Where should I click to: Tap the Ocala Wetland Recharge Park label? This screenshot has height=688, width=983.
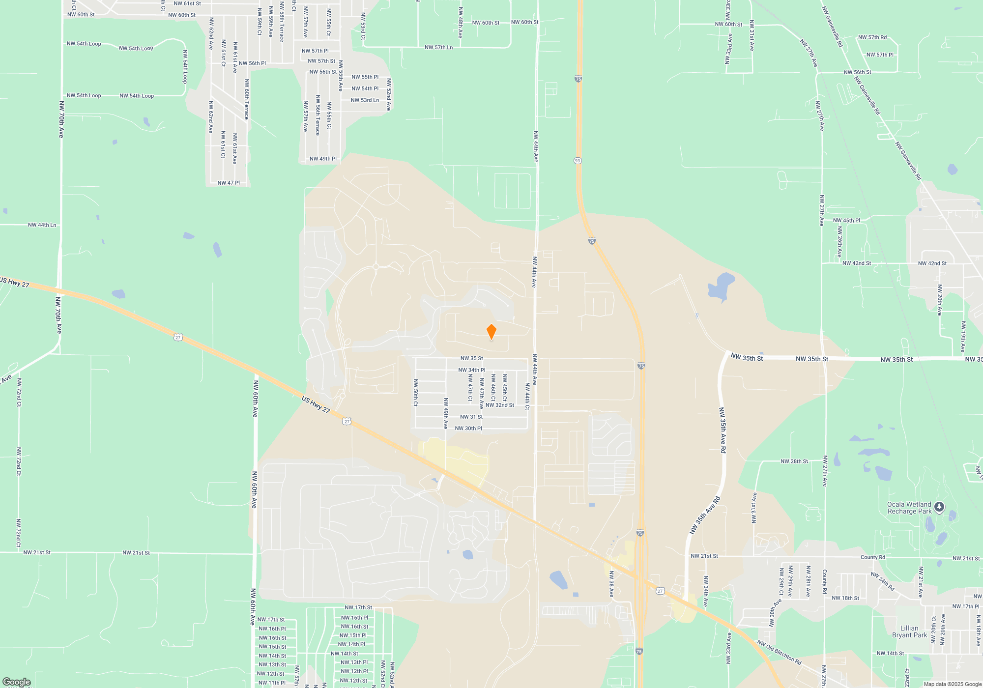pos(909,508)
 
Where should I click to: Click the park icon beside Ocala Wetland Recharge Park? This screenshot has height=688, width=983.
pos(939,507)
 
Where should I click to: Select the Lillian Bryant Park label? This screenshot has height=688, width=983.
pos(909,631)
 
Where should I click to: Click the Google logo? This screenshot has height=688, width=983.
pos(16,682)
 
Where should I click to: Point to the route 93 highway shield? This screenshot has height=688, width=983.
pos(578,161)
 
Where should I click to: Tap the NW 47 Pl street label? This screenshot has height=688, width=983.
pos(229,183)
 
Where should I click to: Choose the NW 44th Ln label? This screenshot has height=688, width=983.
pos(42,225)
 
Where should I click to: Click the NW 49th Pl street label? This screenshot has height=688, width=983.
pos(323,159)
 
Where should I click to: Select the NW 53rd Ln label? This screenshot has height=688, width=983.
pos(365,100)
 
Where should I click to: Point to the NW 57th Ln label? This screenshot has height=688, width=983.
pos(438,48)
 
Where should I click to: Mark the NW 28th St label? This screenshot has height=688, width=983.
pos(794,461)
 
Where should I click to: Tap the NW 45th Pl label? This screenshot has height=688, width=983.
pos(846,221)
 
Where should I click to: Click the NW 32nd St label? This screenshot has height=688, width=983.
pos(499,405)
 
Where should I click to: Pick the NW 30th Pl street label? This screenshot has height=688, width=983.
pos(468,429)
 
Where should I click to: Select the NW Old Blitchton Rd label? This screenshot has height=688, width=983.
pos(779,652)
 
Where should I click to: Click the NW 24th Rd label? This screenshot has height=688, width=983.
pos(883,581)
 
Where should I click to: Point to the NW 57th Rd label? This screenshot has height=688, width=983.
pos(872,37)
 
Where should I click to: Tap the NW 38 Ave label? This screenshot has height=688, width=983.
pos(611,584)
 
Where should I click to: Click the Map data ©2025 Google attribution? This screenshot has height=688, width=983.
pos(952,684)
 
